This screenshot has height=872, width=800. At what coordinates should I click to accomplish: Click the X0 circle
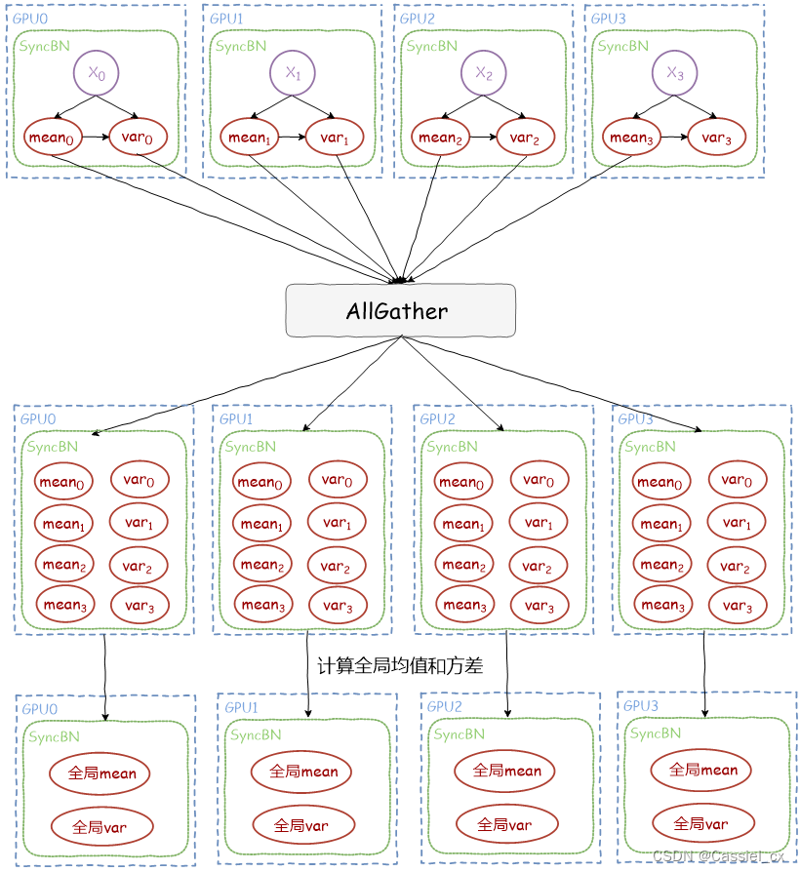97,73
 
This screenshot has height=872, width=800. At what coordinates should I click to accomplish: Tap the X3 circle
674,73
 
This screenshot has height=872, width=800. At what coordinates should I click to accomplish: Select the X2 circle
484,73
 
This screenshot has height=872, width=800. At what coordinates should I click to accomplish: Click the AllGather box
401,310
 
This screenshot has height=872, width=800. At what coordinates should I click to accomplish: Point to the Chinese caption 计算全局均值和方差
400,665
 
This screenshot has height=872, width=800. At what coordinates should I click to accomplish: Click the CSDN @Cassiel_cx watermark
719,855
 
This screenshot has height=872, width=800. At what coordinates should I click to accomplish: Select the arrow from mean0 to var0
96,137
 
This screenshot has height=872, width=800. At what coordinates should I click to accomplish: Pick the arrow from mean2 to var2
483,137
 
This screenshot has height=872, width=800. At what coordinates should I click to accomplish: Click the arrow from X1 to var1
313,106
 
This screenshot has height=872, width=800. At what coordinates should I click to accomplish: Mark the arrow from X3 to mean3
653,106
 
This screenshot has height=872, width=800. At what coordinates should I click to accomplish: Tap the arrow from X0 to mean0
74,106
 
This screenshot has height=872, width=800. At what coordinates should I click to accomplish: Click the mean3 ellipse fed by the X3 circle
631,137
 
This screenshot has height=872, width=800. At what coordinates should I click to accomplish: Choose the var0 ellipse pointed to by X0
138,137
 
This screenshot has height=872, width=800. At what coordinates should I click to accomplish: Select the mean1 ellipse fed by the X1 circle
249,137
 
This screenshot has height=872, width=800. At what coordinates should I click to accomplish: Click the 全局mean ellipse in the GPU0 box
100,773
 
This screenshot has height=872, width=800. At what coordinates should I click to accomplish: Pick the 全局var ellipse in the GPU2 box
506,824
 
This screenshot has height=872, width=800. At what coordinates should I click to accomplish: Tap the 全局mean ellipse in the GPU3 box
701,771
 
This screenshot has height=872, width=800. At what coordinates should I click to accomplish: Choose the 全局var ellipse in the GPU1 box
303,825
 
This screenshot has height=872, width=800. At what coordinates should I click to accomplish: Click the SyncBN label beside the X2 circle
432,46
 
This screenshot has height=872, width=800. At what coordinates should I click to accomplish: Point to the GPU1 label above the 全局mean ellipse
241,707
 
